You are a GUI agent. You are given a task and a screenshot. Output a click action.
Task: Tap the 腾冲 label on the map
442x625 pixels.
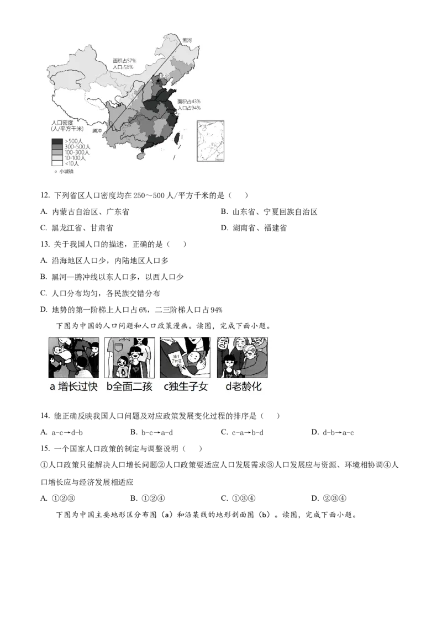(98, 131)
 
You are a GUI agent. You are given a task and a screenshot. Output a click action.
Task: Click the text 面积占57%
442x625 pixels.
(124, 60)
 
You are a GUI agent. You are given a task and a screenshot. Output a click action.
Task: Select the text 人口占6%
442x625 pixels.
(123, 67)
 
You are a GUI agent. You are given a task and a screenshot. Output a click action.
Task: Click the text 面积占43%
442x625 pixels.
(189, 102)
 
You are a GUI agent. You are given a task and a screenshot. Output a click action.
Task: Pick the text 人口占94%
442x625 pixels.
(189, 108)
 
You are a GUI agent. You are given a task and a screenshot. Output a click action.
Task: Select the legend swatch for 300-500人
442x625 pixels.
(57, 147)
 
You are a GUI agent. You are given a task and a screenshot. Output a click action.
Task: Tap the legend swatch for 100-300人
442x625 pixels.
(57, 152)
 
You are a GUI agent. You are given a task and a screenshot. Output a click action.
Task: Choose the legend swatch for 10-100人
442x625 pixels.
(57, 158)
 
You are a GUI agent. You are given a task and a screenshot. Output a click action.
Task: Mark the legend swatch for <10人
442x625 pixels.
(57, 163)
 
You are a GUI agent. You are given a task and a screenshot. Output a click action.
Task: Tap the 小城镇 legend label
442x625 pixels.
(66, 172)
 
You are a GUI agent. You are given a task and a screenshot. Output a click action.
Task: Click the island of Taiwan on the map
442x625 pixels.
(177, 137)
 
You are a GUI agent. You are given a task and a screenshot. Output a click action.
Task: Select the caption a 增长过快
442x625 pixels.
(73, 387)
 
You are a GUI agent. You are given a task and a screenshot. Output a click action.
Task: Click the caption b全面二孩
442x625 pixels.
(129, 387)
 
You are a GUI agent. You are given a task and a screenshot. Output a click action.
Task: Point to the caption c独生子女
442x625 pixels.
(186, 387)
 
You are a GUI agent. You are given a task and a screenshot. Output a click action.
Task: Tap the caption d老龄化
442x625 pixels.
(243, 387)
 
